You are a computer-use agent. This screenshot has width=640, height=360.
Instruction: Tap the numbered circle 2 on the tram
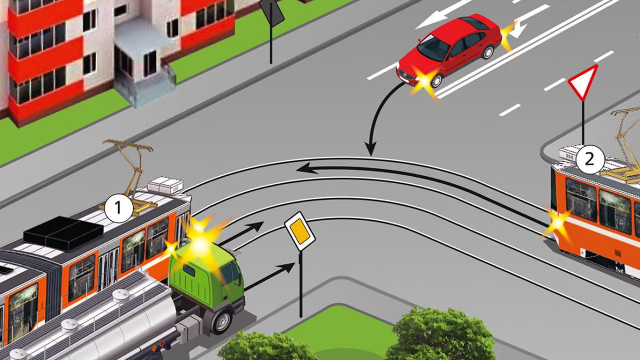click(589, 160)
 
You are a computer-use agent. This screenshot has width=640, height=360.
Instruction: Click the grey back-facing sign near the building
click(272, 13)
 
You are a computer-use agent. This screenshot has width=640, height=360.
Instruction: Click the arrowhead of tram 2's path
click(305, 167)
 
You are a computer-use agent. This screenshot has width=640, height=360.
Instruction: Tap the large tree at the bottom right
click(440, 335)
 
